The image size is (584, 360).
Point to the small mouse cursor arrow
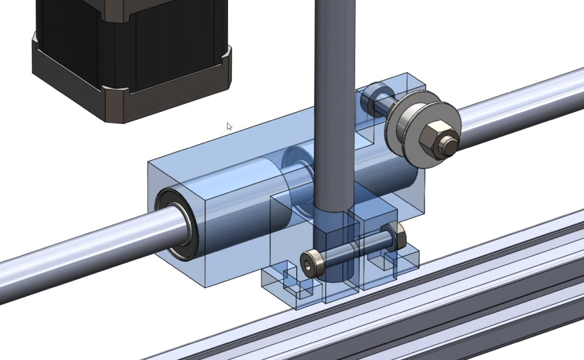(x=229, y=126)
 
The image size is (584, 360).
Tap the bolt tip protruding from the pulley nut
(x=449, y=145)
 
